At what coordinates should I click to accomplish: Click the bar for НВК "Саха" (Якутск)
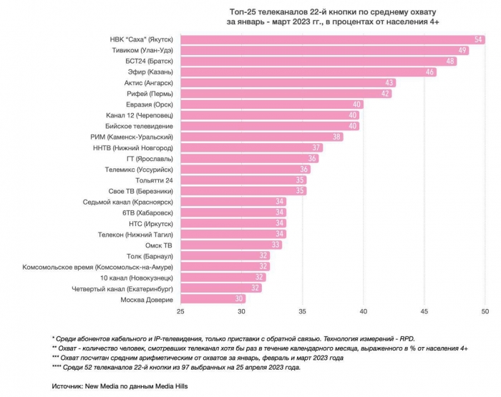click(333, 39)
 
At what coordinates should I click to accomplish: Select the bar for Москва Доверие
click(213, 300)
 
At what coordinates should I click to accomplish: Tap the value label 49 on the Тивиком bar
click(463, 50)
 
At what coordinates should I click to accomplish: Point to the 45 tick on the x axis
click(424, 312)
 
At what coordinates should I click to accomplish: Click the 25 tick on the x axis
click(180, 312)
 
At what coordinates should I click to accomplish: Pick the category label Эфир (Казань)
click(149, 72)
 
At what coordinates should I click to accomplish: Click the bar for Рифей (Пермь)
click(286, 94)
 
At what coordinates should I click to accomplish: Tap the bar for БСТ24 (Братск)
click(319, 61)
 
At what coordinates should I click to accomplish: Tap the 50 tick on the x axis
click(485, 312)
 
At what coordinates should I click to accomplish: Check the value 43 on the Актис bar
click(390, 83)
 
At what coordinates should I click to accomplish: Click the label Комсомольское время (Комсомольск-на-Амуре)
click(101, 267)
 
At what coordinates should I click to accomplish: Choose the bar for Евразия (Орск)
click(271, 104)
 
